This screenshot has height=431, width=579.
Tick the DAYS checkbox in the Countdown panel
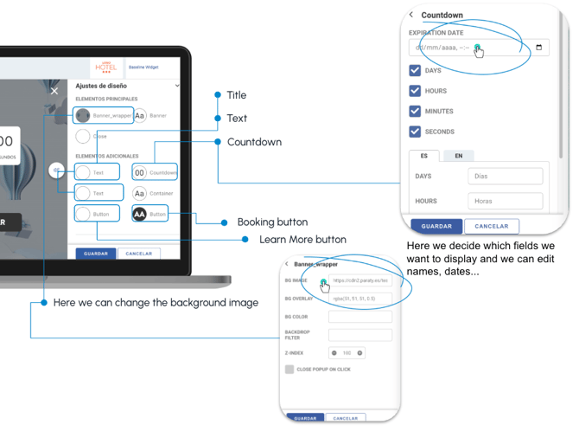point(415,70)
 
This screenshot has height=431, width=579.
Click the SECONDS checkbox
point(415,132)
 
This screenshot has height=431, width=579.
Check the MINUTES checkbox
point(415,111)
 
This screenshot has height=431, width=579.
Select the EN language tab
point(458,156)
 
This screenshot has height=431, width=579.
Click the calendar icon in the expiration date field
point(539,48)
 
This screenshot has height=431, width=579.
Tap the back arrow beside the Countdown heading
point(411,15)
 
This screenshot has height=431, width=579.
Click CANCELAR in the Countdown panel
point(492,226)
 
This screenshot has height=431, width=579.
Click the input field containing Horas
point(505,201)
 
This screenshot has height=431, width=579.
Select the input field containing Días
point(505,177)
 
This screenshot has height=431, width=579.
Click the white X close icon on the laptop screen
point(54,90)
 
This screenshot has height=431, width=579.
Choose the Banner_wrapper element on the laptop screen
point(104,115)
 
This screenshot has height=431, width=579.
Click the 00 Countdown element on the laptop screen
point(155,172)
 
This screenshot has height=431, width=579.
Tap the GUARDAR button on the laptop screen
point(96,254)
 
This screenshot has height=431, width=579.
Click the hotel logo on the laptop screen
point(106,67)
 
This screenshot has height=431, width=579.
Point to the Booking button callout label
point(272,222)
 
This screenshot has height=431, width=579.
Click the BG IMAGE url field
point(360,280)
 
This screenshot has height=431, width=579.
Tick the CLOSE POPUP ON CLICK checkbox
point(289,370)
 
